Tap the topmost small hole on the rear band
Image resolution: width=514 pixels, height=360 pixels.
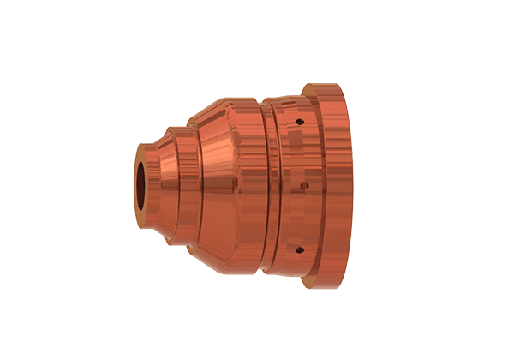299,122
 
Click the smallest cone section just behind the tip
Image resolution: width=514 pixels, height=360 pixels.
159,182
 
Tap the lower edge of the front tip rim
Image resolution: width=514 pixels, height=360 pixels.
142,215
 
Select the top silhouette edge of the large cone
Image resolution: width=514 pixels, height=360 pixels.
214,107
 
